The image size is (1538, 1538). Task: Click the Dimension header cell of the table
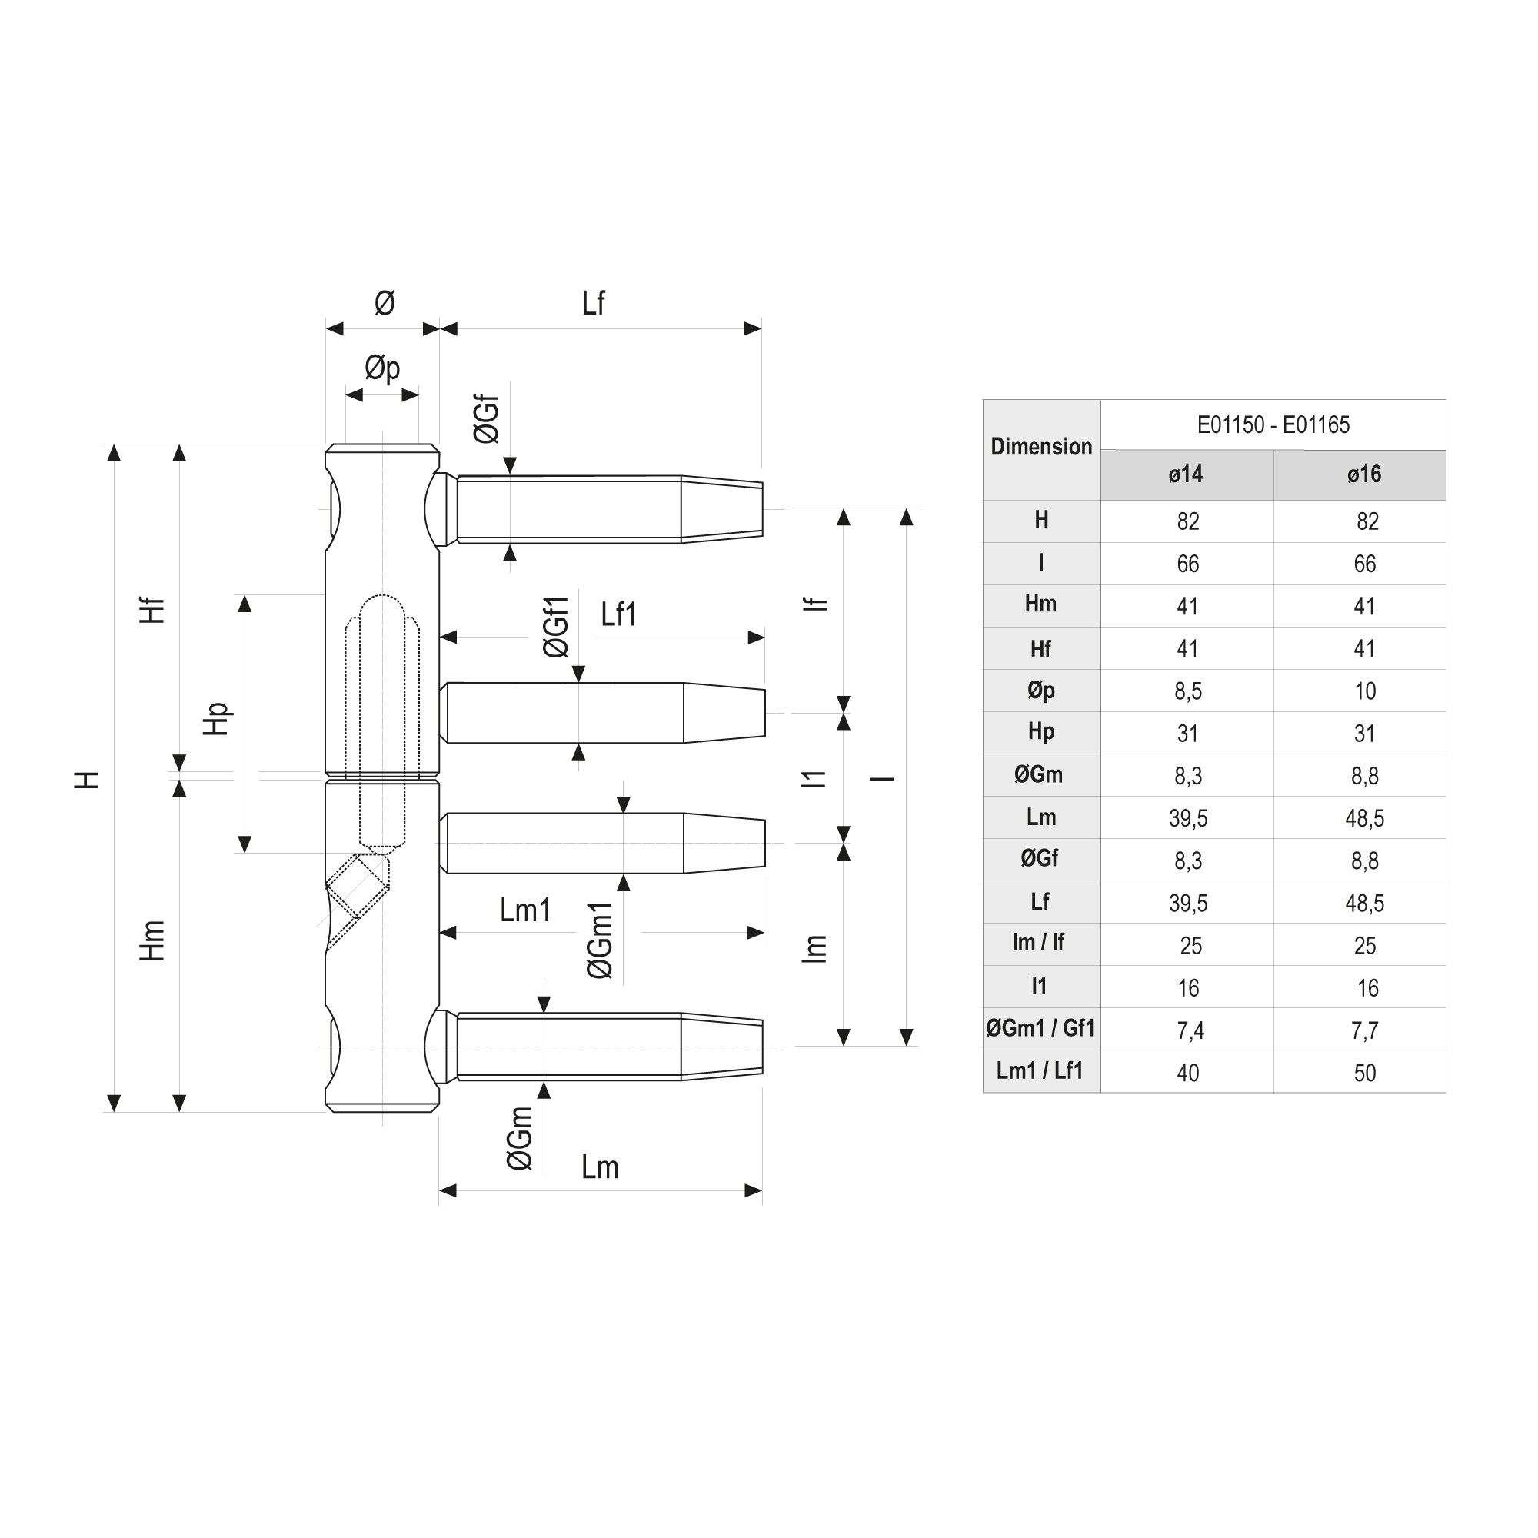click(1040, 448)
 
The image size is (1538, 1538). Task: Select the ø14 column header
click(1185, 475)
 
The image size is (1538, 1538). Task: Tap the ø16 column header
click(1363, 475)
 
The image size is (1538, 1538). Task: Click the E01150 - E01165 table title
click(1272, 425)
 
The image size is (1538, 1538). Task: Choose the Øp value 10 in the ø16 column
click(1364, 691)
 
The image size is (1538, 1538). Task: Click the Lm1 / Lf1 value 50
click(1364, 1073)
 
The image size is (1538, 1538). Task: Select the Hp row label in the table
click(1040, 732)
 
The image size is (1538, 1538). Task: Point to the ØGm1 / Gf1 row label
click(1040, 1028)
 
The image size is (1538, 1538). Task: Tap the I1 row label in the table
click(1039, 987)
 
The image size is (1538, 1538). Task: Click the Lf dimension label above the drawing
click(593, 303)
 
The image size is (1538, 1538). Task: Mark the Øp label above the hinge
click(382, 368)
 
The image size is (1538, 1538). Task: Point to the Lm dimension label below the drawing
click(600, 1168)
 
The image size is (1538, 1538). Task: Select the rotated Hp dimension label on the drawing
click(216, 719)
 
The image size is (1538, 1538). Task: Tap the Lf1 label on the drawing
click(618, 614)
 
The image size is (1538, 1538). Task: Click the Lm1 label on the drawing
click(525, 910)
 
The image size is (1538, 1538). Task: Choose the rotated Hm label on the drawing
click(152, 940)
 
